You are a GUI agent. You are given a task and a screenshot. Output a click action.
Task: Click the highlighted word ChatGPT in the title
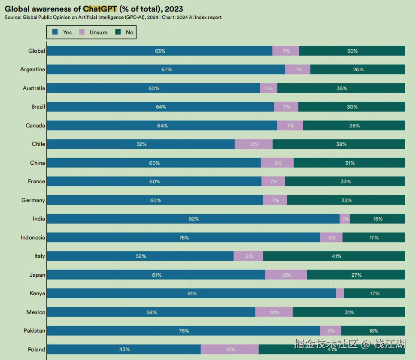[x=100, y=9]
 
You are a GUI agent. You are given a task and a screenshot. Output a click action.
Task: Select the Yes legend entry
[x=62, y=32]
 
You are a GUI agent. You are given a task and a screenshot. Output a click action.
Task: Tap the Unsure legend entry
[x=94, y=32]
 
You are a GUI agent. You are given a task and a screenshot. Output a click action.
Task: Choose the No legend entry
[x=124, y=32]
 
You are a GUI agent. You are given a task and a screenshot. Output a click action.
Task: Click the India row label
[x=39, y=219]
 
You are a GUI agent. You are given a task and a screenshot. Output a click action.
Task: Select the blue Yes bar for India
[x=193, y=219]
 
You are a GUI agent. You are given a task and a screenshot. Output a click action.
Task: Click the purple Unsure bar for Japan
[x=286, y=275]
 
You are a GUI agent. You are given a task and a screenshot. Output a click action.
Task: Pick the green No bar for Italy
[x=334, y=256]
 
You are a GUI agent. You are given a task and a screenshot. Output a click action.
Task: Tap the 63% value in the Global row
[x=160, y=51]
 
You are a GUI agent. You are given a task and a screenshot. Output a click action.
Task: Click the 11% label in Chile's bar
[x=254, y=144]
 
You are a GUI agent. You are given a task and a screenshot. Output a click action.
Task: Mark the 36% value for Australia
[x=342, y=88]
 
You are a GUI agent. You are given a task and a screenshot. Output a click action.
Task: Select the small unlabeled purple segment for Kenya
[x=340, y=293]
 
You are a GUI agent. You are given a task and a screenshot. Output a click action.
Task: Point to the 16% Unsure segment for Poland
[x=230, y=349]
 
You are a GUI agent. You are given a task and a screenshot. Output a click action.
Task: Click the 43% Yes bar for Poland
[x=124, y=349]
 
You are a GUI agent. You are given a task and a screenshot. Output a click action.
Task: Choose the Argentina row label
[x=33, y=70]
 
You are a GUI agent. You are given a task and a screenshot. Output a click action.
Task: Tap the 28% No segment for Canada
[x=354, y=126]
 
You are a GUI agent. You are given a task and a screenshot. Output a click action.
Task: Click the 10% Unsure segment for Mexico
[x=274, y=312]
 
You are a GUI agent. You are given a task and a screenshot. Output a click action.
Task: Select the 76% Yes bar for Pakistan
[x=184, y=331]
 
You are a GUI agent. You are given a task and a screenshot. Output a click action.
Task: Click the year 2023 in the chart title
[x=174, y=9]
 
